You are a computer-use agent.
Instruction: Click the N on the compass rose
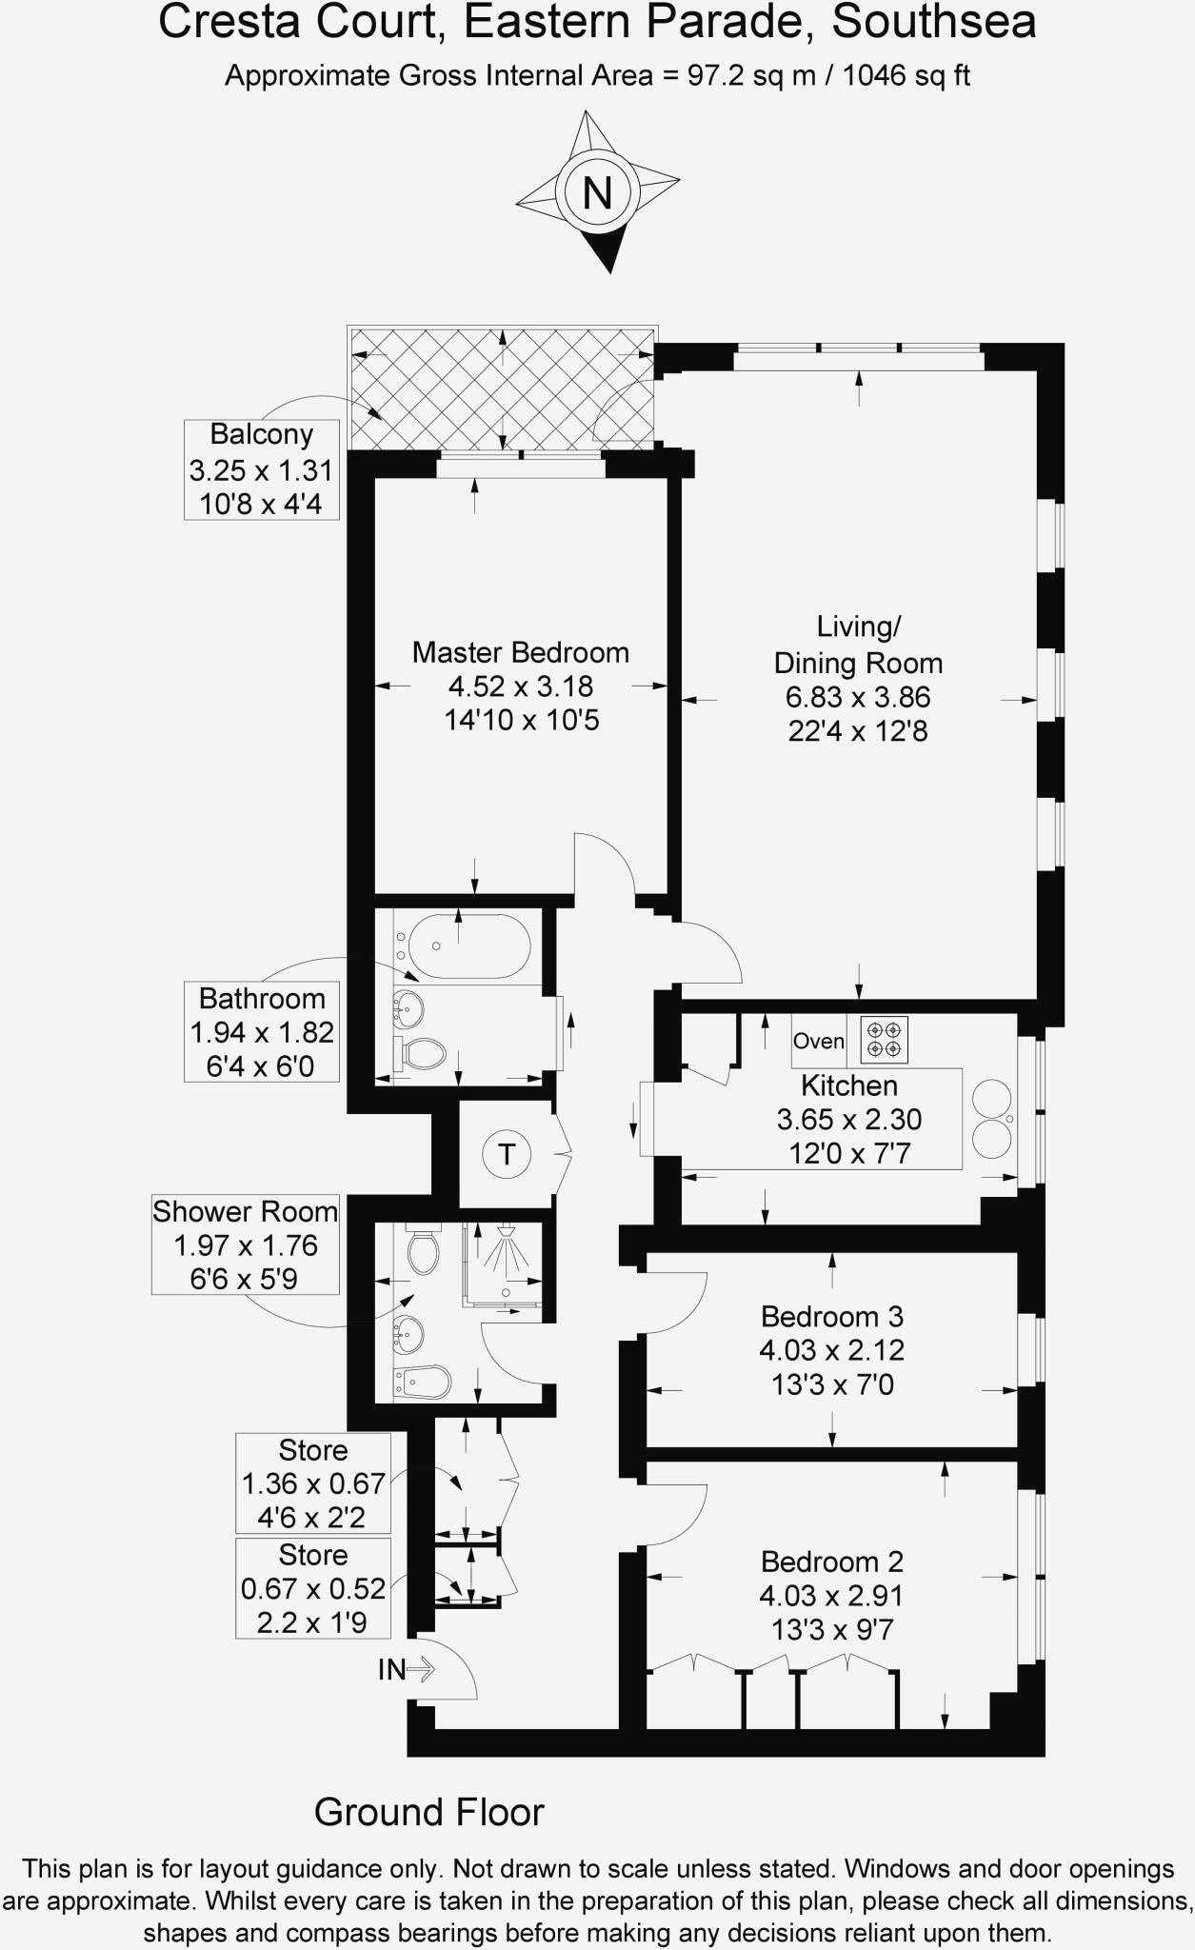pyautogui.click(x=597, y=193)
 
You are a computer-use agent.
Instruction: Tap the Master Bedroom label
pyautogui.click(x=521, y=652)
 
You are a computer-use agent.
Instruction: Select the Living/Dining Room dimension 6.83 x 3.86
pyautogui.click(x=858, y=697)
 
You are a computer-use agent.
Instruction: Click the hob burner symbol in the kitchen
pyautogui.click(x=885, y=1039)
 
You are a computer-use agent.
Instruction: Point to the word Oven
pyautogui.click(x=819, y=1041)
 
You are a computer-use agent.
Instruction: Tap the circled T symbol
pyautogui.click(x=507, y=1155)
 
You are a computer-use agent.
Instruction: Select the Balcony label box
pyautogui.click(x=262, y=469)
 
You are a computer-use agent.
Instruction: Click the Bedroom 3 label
pyautogui.click(x=832, y=1317)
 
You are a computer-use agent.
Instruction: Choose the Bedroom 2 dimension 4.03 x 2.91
pyautogui.click(x=832, y=1595)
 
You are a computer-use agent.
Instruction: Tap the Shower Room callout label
pyautogui.click(x=246, y=1245)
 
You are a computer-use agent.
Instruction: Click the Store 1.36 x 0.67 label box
pyautogui.click(x=313, y=1483)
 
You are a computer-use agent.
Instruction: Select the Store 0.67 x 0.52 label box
pyautogui.click(x=313, y=1588)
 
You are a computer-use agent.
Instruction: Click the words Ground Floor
pyautogui.click(x=429, y=1812)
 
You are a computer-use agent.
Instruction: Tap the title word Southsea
pyautogui.click(x=934, y=22)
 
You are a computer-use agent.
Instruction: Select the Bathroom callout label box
pyautogui.click(x=262, y=1032)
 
